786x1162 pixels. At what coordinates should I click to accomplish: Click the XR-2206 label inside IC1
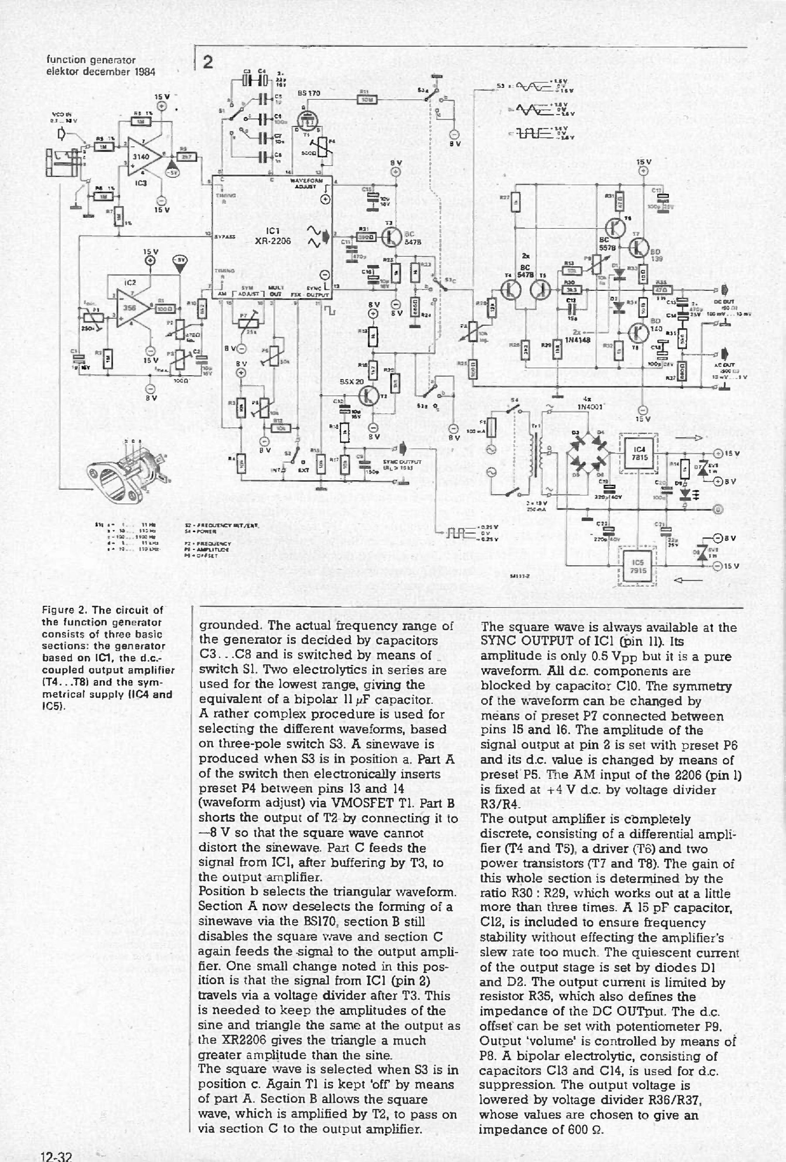[273, 241]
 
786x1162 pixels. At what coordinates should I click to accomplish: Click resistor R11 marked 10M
[366, 99]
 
